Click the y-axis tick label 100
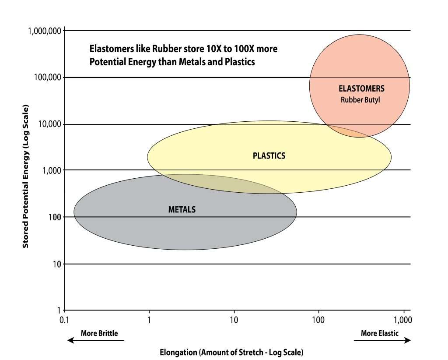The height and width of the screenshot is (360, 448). [x=54, y=217]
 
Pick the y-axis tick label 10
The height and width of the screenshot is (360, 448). [x=56, y=264]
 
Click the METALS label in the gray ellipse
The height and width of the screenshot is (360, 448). [x=182, y=209]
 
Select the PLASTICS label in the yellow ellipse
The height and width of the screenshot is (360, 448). [x=269, y=155]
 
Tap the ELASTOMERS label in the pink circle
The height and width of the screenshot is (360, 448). [x=361, y=88]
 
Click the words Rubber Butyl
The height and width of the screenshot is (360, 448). [x=360, y=99]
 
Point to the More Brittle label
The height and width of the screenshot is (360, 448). [x=99, y=333]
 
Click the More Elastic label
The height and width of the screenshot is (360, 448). [x=380, y=333]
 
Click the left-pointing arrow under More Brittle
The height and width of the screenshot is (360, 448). [x=95, y=341]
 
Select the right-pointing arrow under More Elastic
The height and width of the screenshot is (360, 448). [x=382, y=341]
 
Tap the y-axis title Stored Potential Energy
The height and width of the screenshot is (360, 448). [x=26, y=176]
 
